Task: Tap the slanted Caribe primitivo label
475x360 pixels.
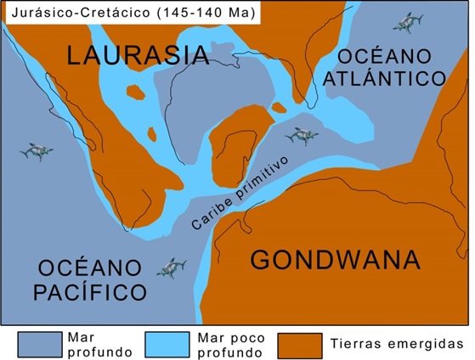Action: click(240, 194)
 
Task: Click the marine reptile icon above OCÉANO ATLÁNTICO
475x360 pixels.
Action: click(414, 20)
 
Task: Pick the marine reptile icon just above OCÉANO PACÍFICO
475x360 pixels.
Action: click(171, 268)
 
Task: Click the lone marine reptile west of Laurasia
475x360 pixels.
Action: click(36, 151)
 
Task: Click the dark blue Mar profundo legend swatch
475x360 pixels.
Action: click(36, 344)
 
